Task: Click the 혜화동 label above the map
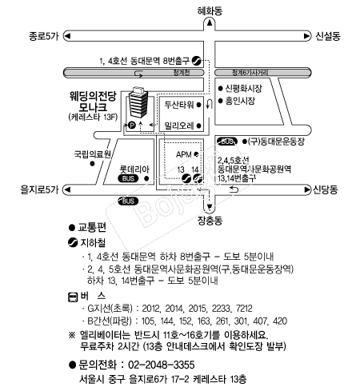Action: (x=210, y=11)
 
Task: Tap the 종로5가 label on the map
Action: (x=44, y=36)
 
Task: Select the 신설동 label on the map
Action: (x=328, y=36)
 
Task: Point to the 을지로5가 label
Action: (x=39, y=190)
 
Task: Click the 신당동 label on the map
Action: (x=325, y=190)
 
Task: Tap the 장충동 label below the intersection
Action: (x=210, y=221)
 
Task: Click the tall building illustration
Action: (x=138, y=102)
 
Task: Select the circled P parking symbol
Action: (x=132, y=125)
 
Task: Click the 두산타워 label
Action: (x=179, y=105)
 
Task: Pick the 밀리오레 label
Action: (x=179, y=126)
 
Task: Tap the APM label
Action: (x=184, y=154)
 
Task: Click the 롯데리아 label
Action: (x=134, y=169)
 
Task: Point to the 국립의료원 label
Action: (x=93, y=154)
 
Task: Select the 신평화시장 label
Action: (x=243, y=88)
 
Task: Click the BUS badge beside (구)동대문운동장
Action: (x=227, y=142)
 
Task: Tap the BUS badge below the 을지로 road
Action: (x=128, y=201)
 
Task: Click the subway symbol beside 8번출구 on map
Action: (x=197, y=61)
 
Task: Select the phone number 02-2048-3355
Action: (x=162, y=365)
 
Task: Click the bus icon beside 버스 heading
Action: (x=73, y=297)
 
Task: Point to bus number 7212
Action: (x=244, y=309)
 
